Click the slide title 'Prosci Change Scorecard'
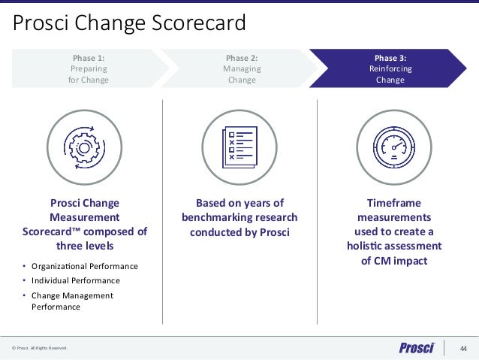pos(130,23)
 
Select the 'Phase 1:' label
pos(89,57)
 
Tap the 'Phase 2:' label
pos(242,57)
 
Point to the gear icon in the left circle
pos(84,147)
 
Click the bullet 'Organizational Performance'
pos(85,266)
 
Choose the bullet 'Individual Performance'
pos(75,280)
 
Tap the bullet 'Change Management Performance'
pos(72,301)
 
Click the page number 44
pos(463,348)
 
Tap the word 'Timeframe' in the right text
pos(393,203)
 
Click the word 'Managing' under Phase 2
pos(242,68)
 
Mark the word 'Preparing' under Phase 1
pos(89,68)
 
